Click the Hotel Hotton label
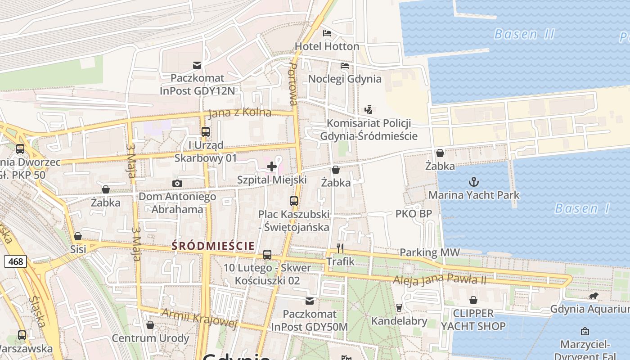(x=327, y=46)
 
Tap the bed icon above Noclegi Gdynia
(x=345, y=66)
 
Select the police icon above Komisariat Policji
(x=369, y=109)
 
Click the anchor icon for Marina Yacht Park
(x=473, y=182)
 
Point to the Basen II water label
(x=524, y=34)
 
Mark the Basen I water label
(x=582, y=208)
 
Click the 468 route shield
(x=16, y=261)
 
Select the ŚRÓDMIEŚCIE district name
(x=213, y=246)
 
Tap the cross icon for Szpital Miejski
(x=272, y=166)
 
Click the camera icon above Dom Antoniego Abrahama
(x=177, y=183)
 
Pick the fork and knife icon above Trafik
(x=340, y=248)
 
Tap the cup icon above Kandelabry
(x=399, y=307)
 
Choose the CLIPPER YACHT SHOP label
(x=473, y=319)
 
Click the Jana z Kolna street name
(x=240, y=112)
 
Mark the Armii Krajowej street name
(x=199, y=318)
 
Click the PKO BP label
(x=414, y=214)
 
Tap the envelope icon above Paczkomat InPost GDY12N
(x=197, y=65)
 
